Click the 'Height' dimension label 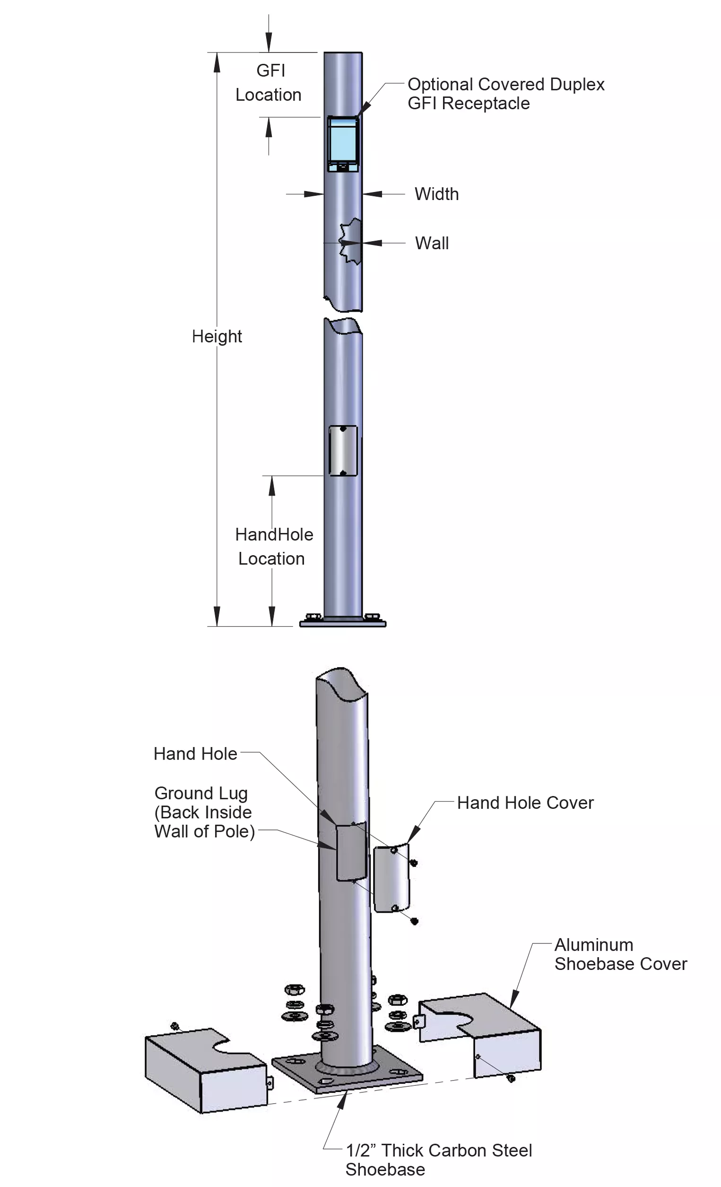tap(217, 336)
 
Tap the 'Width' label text tap(436, 194)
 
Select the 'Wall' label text tap(432, 243)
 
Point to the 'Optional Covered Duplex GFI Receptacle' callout tap(505, 94)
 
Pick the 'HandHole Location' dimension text tap(274, 546)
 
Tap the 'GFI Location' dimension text tap(269, 83)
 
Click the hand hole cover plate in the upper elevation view tap(342, 450)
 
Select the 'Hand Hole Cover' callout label tap(525, 803)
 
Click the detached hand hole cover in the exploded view tap(391, 878)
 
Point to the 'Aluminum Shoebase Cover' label tap(620, 954)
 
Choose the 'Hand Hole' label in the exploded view tap(195, 754)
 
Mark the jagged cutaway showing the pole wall tap(351, 241)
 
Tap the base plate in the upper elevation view tap(342, 623)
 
